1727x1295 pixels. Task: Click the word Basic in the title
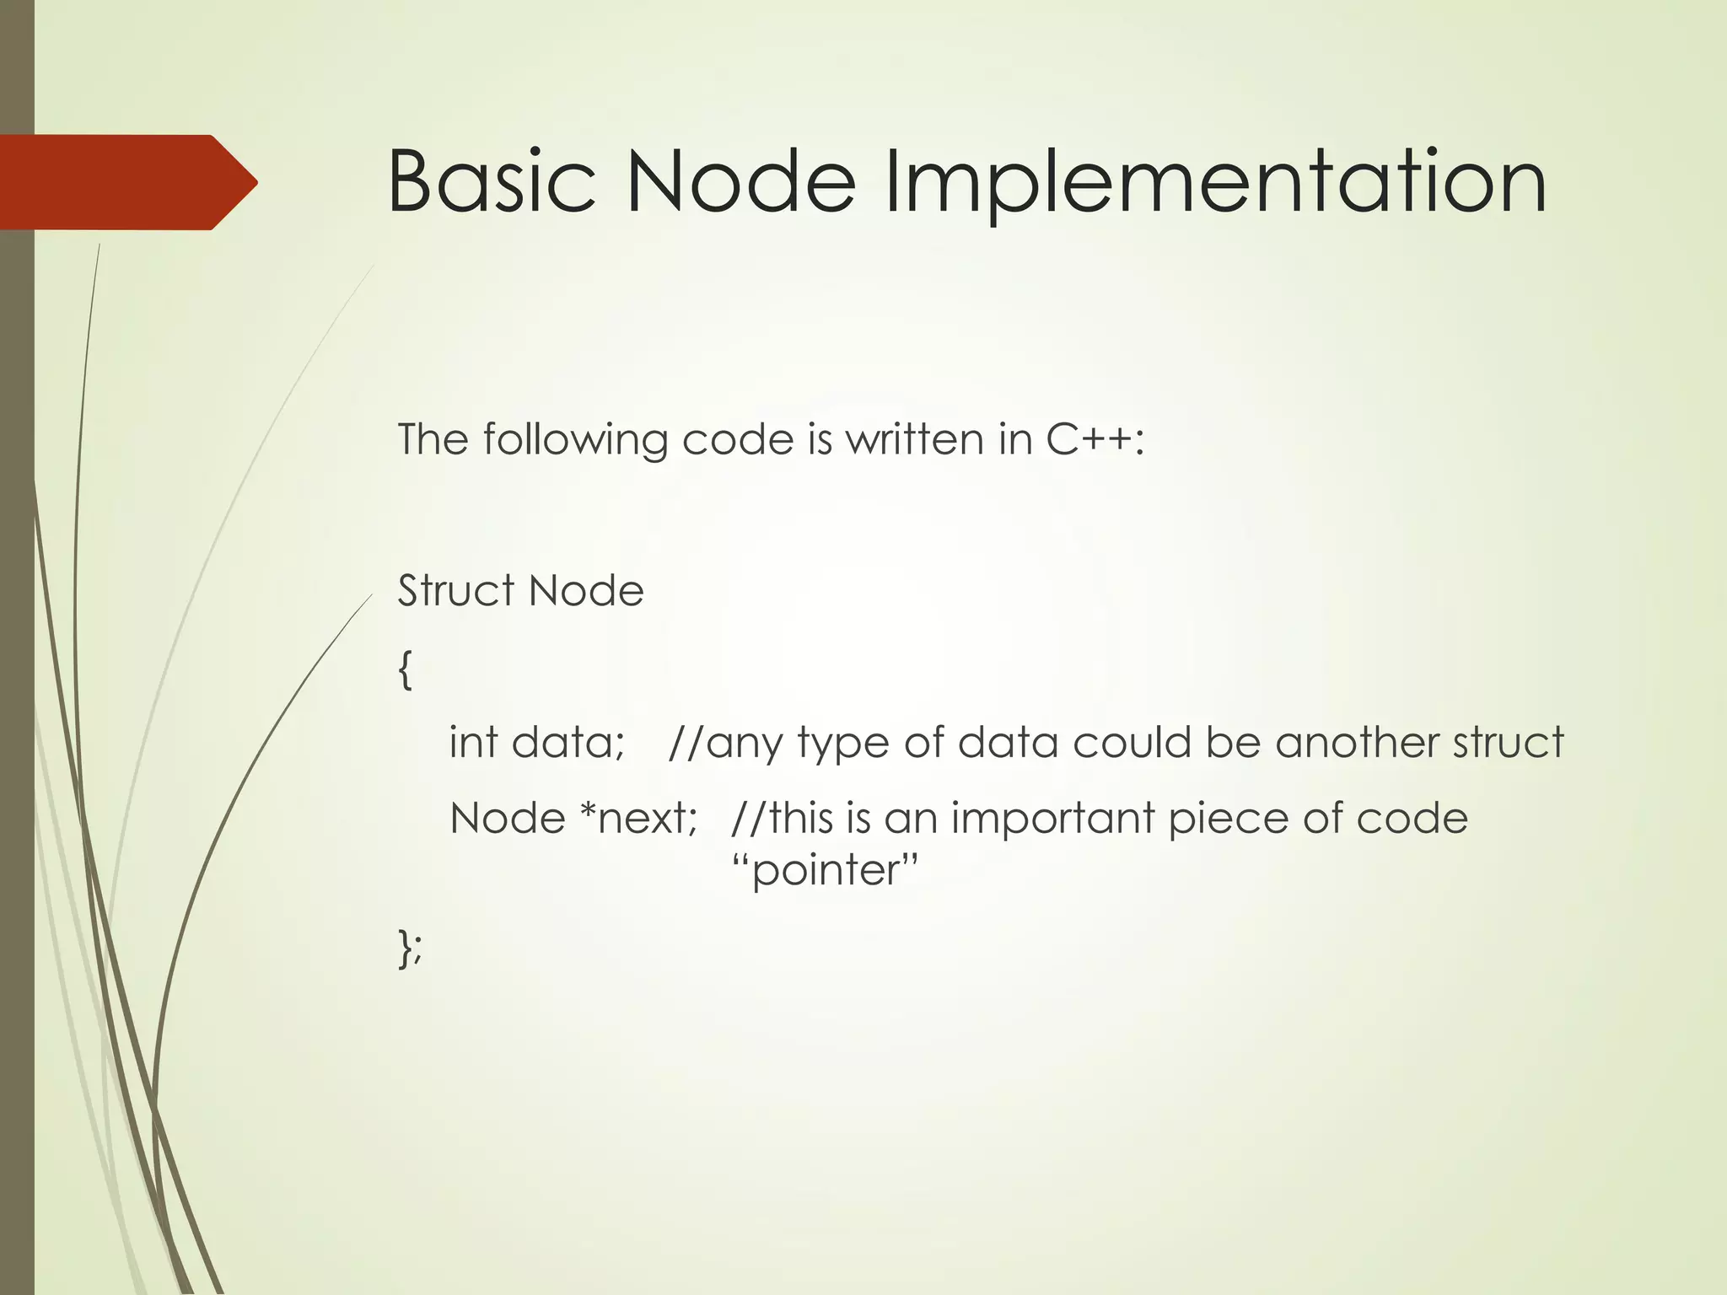(492, 182)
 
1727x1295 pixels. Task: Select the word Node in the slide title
(740, 182)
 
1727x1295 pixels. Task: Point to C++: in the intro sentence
(1095, 439)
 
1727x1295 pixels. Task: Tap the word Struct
(455, 590)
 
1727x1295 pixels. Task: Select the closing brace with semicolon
(410, 948)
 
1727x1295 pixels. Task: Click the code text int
(472, 743)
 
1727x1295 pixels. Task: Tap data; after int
(568, 743)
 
